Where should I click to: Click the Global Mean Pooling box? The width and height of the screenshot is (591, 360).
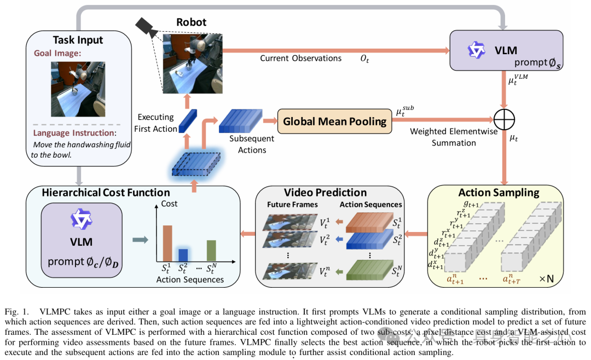click(x=334, y=121)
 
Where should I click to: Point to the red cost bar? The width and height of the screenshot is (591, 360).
click(x=167, y=242)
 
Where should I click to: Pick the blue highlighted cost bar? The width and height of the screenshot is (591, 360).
click(x=183, y=254)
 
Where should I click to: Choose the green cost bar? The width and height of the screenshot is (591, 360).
click(x=211, y=250)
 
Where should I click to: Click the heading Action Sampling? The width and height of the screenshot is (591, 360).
click(x=499, y=193)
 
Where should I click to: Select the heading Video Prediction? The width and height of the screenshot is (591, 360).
click(x=325, y=193)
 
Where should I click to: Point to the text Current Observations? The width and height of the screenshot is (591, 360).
click(x=300, y=59)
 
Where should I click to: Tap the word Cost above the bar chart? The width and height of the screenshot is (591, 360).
click(x=169, y=204)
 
